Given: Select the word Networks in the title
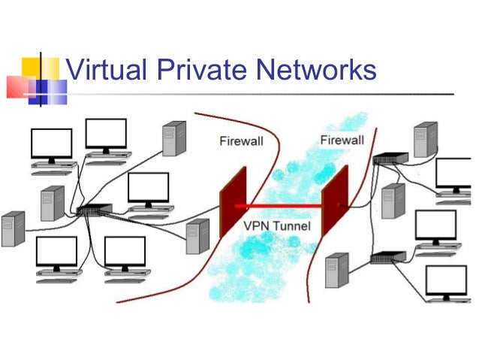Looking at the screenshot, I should point(317,71).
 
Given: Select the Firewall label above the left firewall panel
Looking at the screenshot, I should point(241,141).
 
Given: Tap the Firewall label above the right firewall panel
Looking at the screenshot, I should point(342,140).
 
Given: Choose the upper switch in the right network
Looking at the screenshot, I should point(391,159).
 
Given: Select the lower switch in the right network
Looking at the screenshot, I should point(387,259).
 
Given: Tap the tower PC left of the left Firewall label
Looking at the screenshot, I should point(174,138).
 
